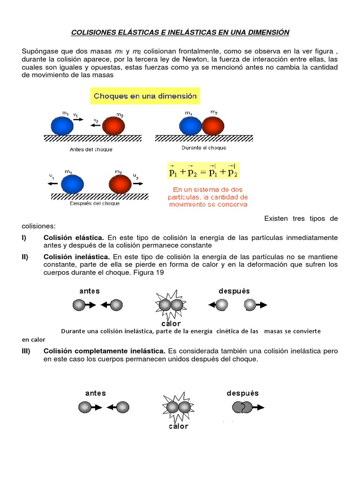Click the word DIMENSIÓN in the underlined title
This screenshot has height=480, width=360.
[267, 32]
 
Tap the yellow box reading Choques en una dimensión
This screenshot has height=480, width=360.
[145, 96]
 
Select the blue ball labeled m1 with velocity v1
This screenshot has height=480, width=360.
[62, 126]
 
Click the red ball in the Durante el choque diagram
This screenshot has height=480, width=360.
[213, 126]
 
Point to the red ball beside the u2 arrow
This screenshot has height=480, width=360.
[120, 184]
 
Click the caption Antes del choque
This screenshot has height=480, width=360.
[91, 150]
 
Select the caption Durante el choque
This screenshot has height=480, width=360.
[204, 148]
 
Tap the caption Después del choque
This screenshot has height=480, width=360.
[94, 203]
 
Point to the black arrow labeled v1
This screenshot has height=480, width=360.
[78, 120]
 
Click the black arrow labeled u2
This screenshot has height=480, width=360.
[138, 184]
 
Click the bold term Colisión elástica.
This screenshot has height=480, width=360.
[74, 238]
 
